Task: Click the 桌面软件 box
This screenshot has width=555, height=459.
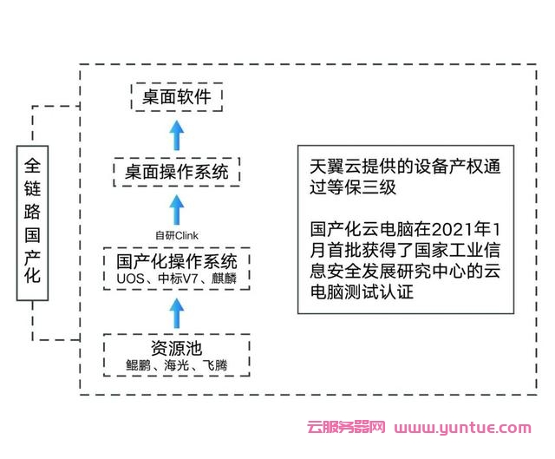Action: tap(177, 96)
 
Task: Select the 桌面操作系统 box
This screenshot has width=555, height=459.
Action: tap(176, 173)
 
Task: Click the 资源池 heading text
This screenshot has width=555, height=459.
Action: tap(176, 348)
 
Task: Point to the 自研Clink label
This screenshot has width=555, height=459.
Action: tap(177, 234)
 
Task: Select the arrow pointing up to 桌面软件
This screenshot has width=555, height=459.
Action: tap(177, 133)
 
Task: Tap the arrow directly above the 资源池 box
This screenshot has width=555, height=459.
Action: tap(177, 308)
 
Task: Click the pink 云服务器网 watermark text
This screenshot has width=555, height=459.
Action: tap(347, 428)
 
